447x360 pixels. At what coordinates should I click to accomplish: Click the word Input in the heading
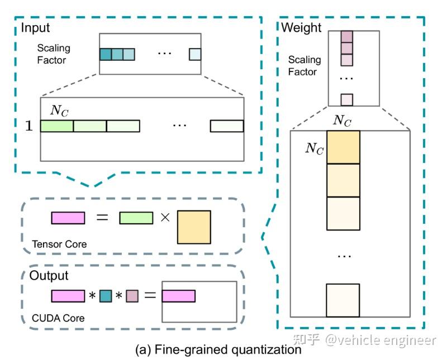tap(35, 28)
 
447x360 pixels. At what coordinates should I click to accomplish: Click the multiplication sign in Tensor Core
tap(165, 218)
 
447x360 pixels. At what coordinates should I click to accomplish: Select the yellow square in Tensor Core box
tap(193, 227)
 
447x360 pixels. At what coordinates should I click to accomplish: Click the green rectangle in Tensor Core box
tap(136, 218)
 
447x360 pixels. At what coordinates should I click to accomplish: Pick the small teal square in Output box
tap(106, 296)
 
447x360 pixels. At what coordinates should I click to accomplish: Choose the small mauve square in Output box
tap(131, 296)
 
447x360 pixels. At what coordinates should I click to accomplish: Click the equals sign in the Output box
tap(149, 296)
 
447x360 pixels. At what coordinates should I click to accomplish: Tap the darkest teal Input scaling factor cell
tap(106, 54)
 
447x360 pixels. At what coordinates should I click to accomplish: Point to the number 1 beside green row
tap(29, 126)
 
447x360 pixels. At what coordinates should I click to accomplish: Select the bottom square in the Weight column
tap(343, 301)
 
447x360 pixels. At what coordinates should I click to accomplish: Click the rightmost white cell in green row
tap(227, 126)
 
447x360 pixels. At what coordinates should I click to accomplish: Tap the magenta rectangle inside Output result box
tap(179, 296)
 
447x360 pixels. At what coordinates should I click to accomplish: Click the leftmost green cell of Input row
tap(57, 126)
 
